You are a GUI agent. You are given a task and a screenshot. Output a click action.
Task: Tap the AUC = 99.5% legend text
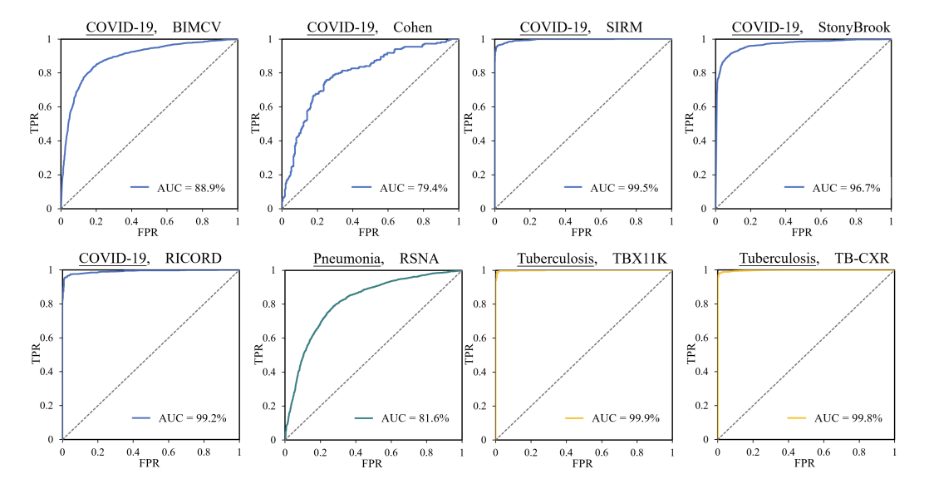(x=625, y=188)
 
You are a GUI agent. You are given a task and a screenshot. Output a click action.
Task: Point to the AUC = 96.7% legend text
(x=847, y=188)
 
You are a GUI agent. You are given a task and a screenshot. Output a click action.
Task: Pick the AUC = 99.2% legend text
(x=192, y=417)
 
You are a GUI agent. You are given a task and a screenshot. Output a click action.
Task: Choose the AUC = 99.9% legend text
(x=626, y=417)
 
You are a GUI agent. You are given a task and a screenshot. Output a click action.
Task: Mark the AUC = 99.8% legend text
(x=848, y=417)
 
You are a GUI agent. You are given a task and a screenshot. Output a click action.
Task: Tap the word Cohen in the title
(x=413, y=27)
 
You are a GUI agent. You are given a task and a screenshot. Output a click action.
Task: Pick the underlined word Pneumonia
(x=347, y=259)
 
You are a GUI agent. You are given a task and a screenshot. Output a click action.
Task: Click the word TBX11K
(x=635, y=259)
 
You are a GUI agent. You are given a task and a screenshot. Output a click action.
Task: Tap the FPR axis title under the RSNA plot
(x=371, y=464)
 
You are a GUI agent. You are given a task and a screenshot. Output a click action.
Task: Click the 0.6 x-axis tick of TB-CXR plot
(x=823, y=451)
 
